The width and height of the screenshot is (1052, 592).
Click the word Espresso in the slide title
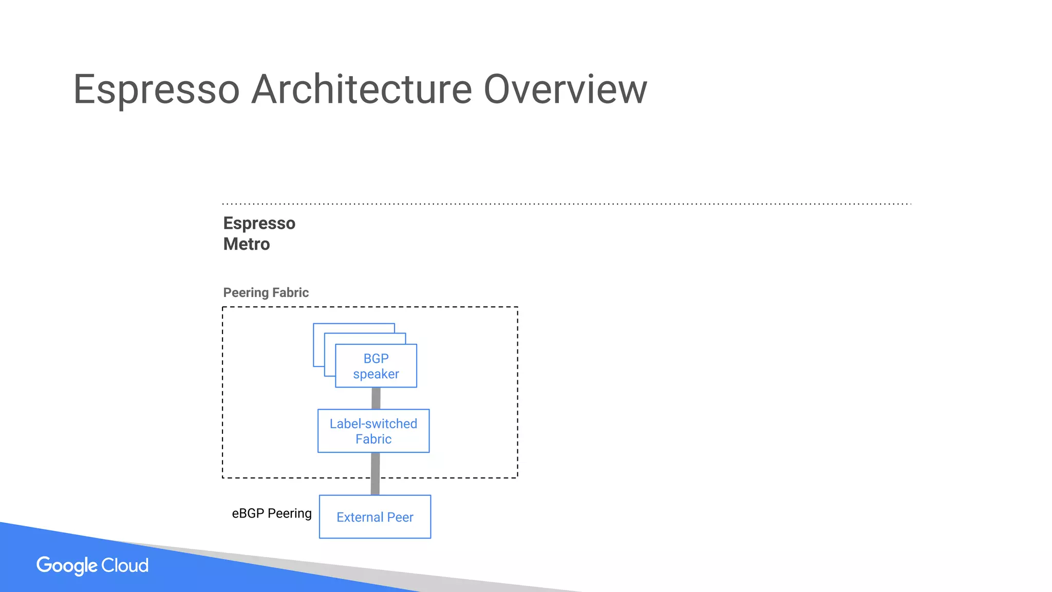coord(157,89)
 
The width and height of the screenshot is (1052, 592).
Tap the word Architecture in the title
coord(362,89)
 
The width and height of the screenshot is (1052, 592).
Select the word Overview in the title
coord(565,89)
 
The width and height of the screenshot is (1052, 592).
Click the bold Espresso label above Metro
coord(259,224)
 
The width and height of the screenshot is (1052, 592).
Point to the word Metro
coord(246,244)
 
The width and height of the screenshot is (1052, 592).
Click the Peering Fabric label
coord(266,292)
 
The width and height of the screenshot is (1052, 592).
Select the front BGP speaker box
coord(376,366)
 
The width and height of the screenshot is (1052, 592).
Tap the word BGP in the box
coord(376,358)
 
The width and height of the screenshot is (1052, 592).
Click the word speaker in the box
coord(376,374)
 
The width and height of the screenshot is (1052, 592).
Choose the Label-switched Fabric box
coord(373,431)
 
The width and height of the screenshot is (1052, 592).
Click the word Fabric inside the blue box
coord(373,439)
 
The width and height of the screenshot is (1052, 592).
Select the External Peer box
coord(375,517)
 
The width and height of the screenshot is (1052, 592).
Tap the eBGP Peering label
coord(272,513)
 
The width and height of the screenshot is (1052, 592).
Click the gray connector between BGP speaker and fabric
coord(376,398)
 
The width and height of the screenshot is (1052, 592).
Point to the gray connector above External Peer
coord(375,474)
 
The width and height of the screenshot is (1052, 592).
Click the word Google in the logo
coord(67,566)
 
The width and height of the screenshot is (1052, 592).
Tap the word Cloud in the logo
coord(125,565)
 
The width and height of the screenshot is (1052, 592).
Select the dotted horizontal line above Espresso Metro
coord(565,204)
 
